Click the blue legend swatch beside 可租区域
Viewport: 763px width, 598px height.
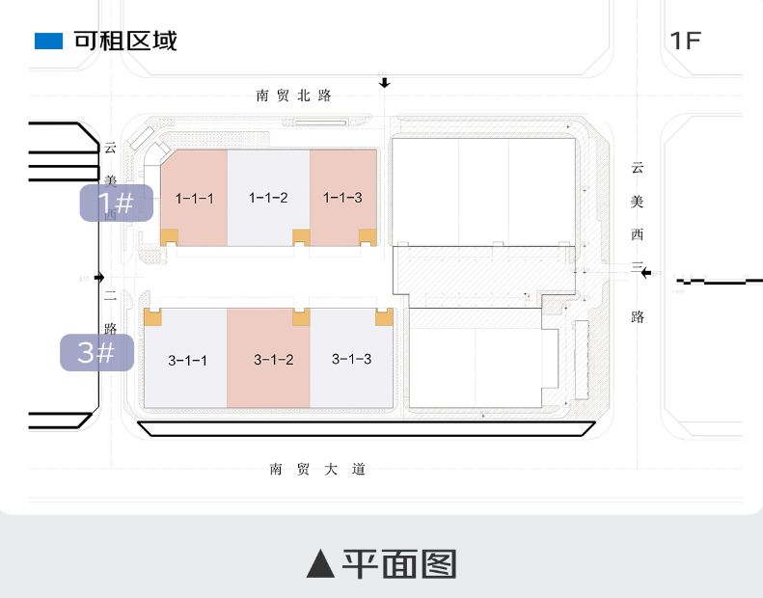click(x=48, y=41)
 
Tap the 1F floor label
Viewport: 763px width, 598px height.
click(x=685, y=41)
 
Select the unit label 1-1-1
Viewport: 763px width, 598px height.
click(x=194, y=198)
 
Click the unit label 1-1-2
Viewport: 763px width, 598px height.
click(x=268, y=198)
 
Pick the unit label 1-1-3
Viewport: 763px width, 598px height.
click(x=342, y=198)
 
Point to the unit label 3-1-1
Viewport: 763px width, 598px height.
click(x=188, y=361)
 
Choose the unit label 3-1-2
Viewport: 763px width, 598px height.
click(x=273, y=360)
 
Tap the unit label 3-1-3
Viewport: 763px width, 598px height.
click(x=351, y=359)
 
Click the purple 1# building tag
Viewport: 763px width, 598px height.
click(x=116, y=203)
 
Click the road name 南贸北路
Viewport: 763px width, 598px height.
click(x=294, y=95)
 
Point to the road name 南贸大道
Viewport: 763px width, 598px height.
click(x=317, y=470)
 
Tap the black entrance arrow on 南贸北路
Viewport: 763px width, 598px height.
click(x=385, y=83)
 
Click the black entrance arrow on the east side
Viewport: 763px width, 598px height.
click(x=646, y=273)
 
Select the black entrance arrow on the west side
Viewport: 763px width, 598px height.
click(x=98, y=277)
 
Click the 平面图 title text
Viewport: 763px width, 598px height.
click(x=398, y=564)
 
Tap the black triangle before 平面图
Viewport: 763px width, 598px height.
click(x=320, y=564)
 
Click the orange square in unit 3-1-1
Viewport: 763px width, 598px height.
click(x=151, y=316)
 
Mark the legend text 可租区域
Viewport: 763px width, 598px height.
click(x=125, y=41)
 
